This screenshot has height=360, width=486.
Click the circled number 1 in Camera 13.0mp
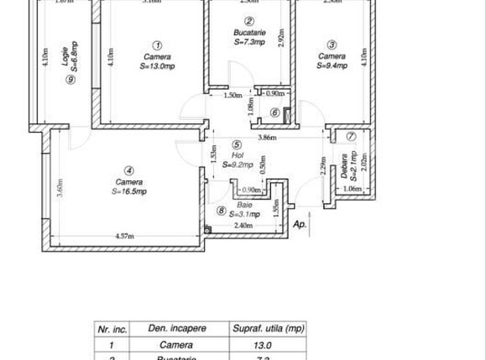pos(158,45)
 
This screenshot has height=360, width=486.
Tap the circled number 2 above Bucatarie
pos(249,22)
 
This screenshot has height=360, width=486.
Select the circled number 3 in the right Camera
pos(332,45)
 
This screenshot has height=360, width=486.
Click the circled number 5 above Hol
pos(238,144)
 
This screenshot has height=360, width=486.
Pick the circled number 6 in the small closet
pos(274,112)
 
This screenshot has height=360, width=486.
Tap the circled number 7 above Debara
pos(351,137)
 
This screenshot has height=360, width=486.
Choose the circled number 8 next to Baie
pos(221,211)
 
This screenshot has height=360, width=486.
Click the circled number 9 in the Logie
pos(70,81)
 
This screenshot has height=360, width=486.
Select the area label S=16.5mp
pos(128,191)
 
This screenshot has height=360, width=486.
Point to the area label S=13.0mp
pos(158,66)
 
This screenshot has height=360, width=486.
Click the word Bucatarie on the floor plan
pos(249,32)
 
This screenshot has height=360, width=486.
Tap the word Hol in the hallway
pos(238,154)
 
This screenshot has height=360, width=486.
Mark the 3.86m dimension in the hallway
pos(267,137)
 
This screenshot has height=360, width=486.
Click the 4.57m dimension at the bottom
pos(126,237)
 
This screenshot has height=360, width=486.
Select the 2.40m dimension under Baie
pos(242,226)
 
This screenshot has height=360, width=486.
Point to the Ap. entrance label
pos(300,224)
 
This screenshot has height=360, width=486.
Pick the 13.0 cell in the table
pos(263,345)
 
